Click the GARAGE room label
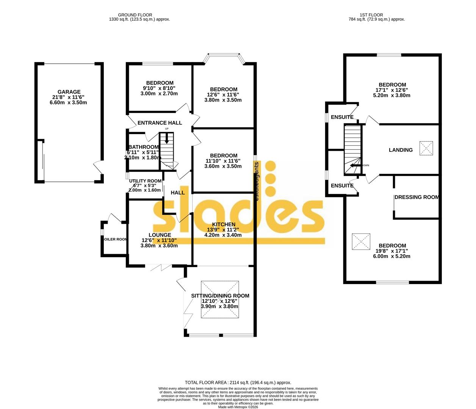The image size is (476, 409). coord(69,92)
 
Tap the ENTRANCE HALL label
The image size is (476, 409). coord(160,123)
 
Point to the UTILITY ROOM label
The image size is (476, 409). coord(145,181)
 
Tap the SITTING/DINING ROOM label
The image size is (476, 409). coord(220,296)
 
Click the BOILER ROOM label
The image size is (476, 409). coord(114,239)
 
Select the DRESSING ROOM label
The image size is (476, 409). coord(417,197)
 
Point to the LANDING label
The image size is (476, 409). coord(401,150)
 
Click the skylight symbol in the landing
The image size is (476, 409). coord(426,148)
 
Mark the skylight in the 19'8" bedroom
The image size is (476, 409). coord(361,241)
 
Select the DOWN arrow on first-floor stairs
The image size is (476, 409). coord(355,165)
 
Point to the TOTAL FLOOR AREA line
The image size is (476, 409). coord(238,382)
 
